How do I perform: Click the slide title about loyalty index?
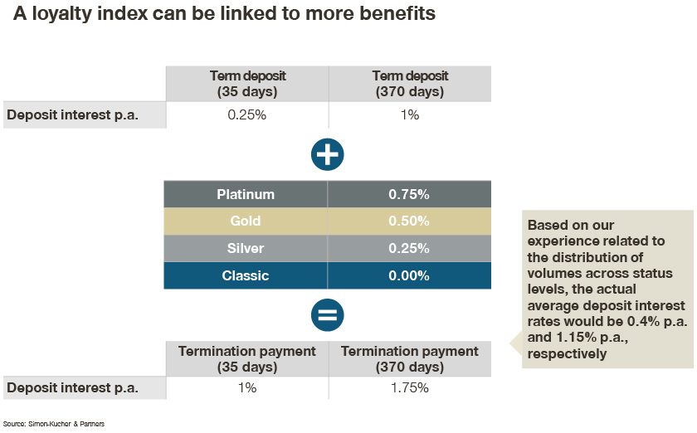tap(224, 14)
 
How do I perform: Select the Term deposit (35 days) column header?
tap(247, 84)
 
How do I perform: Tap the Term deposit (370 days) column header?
tap(410, 84)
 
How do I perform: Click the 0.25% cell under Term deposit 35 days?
tap(246, 114)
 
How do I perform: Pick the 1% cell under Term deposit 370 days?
tap(409, 114)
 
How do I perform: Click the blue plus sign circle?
tap(328, 155)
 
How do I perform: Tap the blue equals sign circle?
tap(328, 315)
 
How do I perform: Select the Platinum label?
tap(246, 194)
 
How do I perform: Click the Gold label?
tap(246, 221)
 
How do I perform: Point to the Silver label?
tap(246, 248)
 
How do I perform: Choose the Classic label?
tap(246, 275)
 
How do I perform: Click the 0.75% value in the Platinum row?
tap(409, 194)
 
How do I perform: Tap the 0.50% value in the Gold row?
tap(409, 221)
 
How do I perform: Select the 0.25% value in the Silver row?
tap(409, 248)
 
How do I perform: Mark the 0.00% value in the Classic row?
tap(409, 275)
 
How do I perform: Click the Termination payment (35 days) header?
tap(247, 359)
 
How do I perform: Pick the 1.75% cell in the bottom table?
tap(409, 387)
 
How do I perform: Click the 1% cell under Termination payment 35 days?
tap(247, 387)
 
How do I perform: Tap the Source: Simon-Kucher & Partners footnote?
tap(54, 424)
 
